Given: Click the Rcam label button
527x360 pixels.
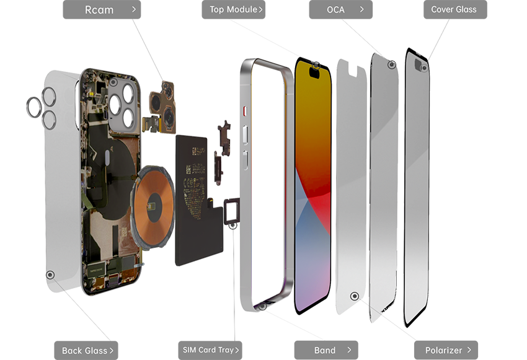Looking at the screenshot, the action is [x=102, y=9].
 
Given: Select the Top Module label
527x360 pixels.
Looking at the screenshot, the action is [x=233, y=9].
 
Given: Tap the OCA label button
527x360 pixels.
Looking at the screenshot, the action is [x=340, y=9].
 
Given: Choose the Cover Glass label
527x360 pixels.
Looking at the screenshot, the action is [x=455, y=9].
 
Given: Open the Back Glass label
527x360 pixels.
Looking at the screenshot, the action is [x=86, y=351].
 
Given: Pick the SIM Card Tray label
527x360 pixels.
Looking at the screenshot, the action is [x=210, y=350].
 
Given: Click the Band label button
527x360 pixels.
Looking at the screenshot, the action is [x=326, y=350].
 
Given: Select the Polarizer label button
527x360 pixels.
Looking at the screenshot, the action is [x=446, y=350].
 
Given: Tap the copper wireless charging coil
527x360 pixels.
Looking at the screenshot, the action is [x=154, y=206].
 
